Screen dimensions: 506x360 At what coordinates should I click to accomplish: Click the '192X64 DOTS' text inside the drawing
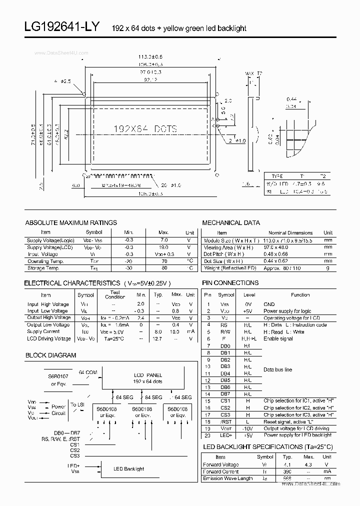pos(145,128)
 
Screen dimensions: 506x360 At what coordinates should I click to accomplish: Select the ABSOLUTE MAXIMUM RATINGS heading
pos(71,222)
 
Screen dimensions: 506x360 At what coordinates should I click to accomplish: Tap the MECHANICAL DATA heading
pos(231,222)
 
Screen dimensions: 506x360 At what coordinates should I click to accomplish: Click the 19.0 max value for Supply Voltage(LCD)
pos(163,247)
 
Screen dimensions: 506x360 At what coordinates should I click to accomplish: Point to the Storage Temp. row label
pos(44,268)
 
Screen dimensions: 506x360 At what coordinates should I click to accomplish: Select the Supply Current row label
pos(43,331)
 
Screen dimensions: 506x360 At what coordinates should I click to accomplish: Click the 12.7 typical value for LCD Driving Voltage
pos(158,338)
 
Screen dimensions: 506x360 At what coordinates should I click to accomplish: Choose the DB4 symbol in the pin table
pos(225,373)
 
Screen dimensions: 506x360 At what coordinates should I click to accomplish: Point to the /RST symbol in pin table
pos(225,422)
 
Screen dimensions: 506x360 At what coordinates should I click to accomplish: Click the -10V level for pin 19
pos(248,428)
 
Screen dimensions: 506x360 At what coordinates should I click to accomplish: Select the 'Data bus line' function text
pos(278,369)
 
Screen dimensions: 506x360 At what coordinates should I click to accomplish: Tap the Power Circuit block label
pos(58,410)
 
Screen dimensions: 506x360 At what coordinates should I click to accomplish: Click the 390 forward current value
pos(288,471)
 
